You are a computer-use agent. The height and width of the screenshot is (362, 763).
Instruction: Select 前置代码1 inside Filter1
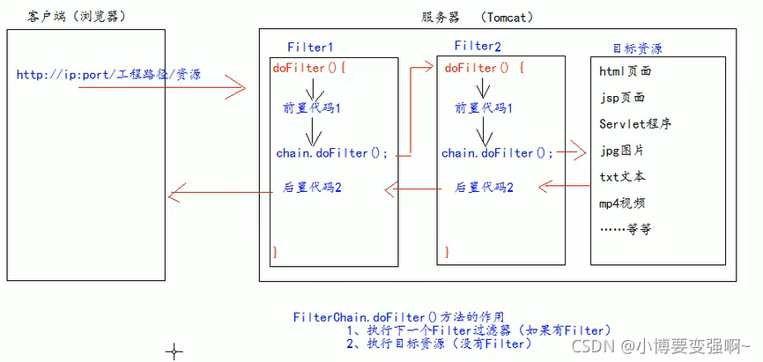tap(310, 109)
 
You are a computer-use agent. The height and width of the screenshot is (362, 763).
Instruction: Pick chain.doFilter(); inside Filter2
tap(498, 152)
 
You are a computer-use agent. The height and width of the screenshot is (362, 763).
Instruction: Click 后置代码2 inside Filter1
tap(312, 187)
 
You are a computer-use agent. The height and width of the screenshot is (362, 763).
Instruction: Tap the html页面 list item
tap(625, 70)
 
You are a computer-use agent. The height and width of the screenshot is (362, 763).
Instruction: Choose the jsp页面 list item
tap(621, 97)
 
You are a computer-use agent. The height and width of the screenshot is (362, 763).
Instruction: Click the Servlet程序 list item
tap(635, 124)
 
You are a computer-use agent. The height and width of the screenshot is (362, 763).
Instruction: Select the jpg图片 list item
tap(621, 151)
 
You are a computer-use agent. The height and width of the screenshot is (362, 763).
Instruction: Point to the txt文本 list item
tap(621, 177)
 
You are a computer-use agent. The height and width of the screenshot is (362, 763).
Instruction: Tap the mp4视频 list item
tap(621, 203)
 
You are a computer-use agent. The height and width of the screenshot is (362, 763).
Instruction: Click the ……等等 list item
tap(625, 229)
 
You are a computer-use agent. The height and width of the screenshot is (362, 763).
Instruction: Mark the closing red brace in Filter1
tap(275, 253)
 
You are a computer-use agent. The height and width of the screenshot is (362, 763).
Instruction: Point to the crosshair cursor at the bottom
tap(174, 351)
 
